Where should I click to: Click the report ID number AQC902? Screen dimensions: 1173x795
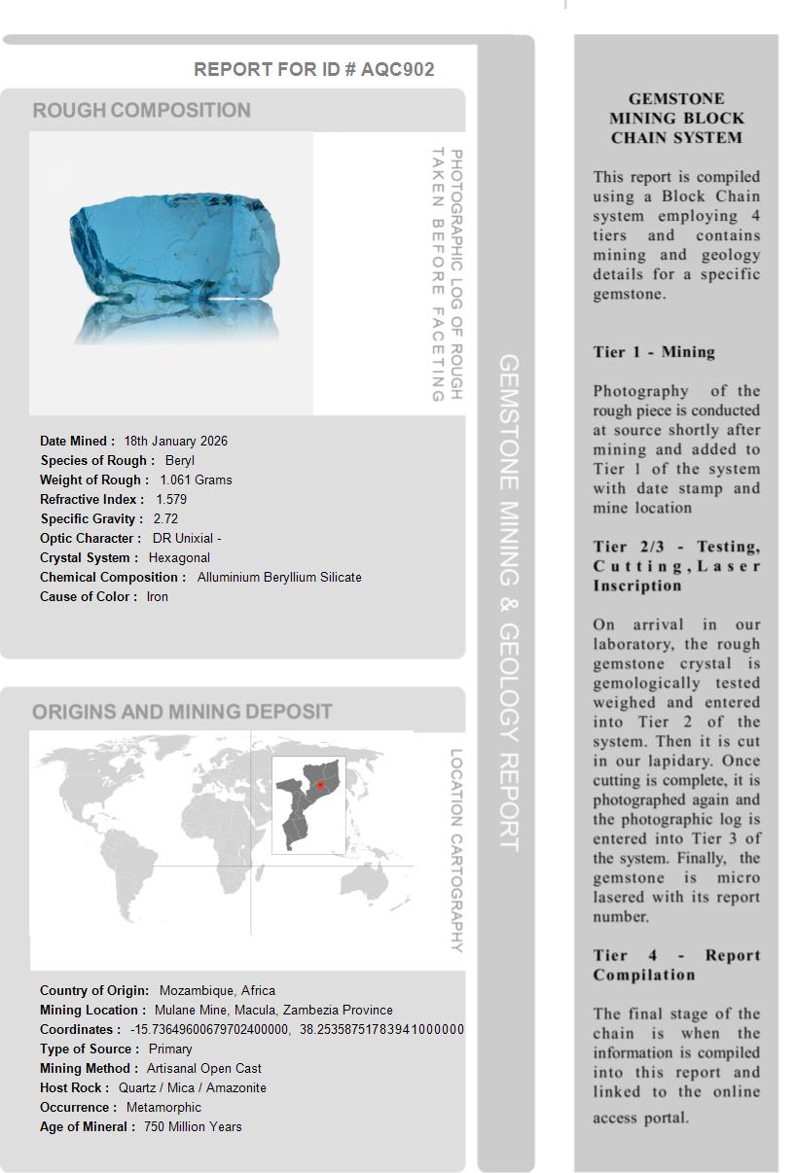pyautogui.click(x=397, y=70)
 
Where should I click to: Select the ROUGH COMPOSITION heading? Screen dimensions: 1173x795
pyautogui.click(x=142, y=111)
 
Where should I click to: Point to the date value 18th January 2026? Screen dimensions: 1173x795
pyautogui.click(x=176, y=442)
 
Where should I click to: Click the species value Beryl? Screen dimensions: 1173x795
pyautogui.click(x=180, y=461)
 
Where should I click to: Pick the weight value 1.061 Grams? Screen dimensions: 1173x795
pyautogui.click(x=196, y=480)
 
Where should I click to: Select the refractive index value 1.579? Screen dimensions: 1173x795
pyautogui.click(x=171, y=500)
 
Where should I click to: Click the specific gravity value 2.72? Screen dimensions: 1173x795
pyautogui.click(x=165, y=519)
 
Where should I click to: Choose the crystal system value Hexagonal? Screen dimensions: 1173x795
pyautogui.click(x=179, y=558)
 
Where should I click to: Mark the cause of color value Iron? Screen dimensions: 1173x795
pyautogui.click(x=158, y=597)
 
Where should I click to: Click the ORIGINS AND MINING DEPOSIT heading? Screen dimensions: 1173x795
pyautogui.click(x=182, y=712)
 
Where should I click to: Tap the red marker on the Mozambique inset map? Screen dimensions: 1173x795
pyautogui.click(x=321, y=785)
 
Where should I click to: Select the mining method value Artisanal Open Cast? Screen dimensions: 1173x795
pyautogui.click(x=204, y=1069)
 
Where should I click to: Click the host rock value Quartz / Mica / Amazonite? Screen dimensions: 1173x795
pyautogui.click(x=193, y=1088)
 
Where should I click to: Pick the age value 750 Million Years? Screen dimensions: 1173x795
pyautogui.click(x=193, y=1127)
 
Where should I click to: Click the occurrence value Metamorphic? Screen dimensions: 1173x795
pyautogui.click(x=163, y=1108)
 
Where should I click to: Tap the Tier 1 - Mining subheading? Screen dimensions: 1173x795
pyautogui.click(x=654, y=352)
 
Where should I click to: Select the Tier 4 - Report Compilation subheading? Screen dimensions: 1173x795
pyautogui.click(x=676, y=965)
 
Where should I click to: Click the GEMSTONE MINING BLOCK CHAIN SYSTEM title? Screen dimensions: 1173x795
pyautogui.click(x=676, y=119)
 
